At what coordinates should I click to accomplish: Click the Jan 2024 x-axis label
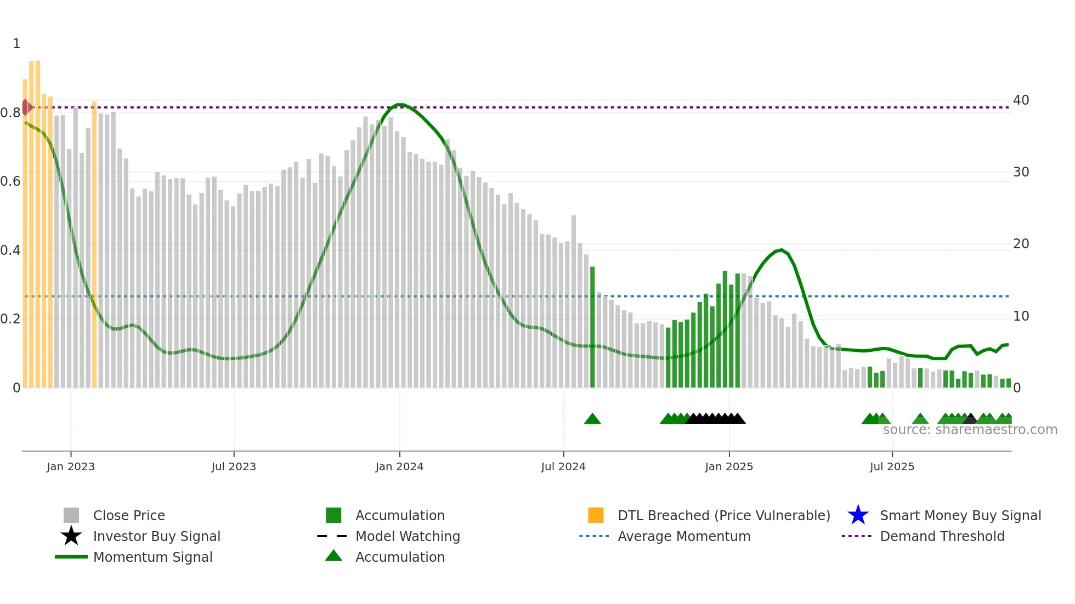[399, 466]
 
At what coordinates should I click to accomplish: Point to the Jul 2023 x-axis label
[234, 466]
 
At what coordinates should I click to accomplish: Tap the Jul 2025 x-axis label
[892, 466]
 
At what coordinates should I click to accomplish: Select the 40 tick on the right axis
[1021, 100]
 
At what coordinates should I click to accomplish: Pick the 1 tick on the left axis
[16, 44]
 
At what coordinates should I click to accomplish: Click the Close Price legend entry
[129, 515]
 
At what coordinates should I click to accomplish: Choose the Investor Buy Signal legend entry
[156, 536]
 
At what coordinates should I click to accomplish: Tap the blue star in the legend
[858, 515]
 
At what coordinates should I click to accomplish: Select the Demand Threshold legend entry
[942, 536]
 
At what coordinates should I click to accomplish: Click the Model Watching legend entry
[407, 536]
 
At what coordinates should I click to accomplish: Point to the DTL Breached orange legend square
[596, 515]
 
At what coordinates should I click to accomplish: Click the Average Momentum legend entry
[683, 536]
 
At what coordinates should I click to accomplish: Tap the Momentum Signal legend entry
[152, 557]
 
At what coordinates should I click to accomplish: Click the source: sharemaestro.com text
[970, 430]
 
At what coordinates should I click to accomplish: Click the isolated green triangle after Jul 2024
[592, 419]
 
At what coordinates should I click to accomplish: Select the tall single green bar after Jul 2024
[592, 327]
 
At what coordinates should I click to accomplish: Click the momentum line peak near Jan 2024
[400, 104]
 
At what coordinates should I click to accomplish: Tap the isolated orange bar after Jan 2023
[94, 244]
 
